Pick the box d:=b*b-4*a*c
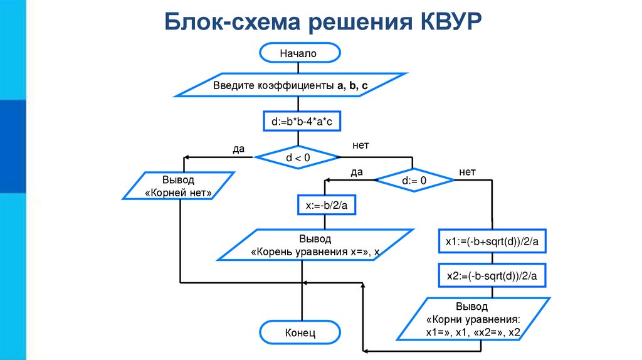tap(302, 120)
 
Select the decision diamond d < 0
tap(298, 157)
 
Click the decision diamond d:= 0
tap(414, 181)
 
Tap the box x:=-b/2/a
tap(322, 205)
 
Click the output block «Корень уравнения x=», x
tap(315, 245)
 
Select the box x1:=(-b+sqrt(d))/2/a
tap(492, 241)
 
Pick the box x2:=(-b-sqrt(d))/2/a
tap(492, 275)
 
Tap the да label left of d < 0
tap(238, 148)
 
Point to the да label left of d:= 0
tap(357, 171)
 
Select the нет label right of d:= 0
tap(467, 171)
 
